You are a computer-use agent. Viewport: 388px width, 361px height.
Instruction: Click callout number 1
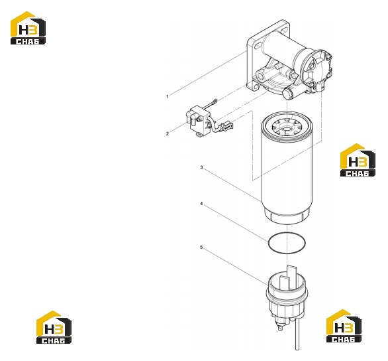pos(168,96)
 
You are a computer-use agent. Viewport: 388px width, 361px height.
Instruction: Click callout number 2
pos(168,133)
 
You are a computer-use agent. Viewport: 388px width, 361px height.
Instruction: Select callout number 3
pos(201,168)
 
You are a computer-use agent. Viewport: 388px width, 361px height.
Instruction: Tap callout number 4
pos(201,204)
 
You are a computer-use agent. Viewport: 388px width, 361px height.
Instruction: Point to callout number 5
pos(201,248)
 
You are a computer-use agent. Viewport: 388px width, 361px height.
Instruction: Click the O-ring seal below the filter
pos(268,243)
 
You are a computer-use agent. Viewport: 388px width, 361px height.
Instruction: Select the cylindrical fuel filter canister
pos(287,168)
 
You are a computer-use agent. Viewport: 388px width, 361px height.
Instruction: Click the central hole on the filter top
pos(287,129)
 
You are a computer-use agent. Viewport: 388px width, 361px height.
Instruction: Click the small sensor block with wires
pos(198,121)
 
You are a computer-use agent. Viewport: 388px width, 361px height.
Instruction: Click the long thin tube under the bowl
pos(297,334)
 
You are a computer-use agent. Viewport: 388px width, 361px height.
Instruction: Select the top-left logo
pos(28,28)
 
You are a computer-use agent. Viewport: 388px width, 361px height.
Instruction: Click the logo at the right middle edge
pos(358,160)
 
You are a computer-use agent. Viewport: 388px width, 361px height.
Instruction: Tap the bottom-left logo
pos(54,327)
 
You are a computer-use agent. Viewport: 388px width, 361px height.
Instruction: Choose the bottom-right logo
pos(344,326)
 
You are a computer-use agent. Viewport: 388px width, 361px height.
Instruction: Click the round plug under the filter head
pos(287,93)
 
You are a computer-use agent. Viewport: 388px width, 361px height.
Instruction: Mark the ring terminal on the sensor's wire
pos(215,101)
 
